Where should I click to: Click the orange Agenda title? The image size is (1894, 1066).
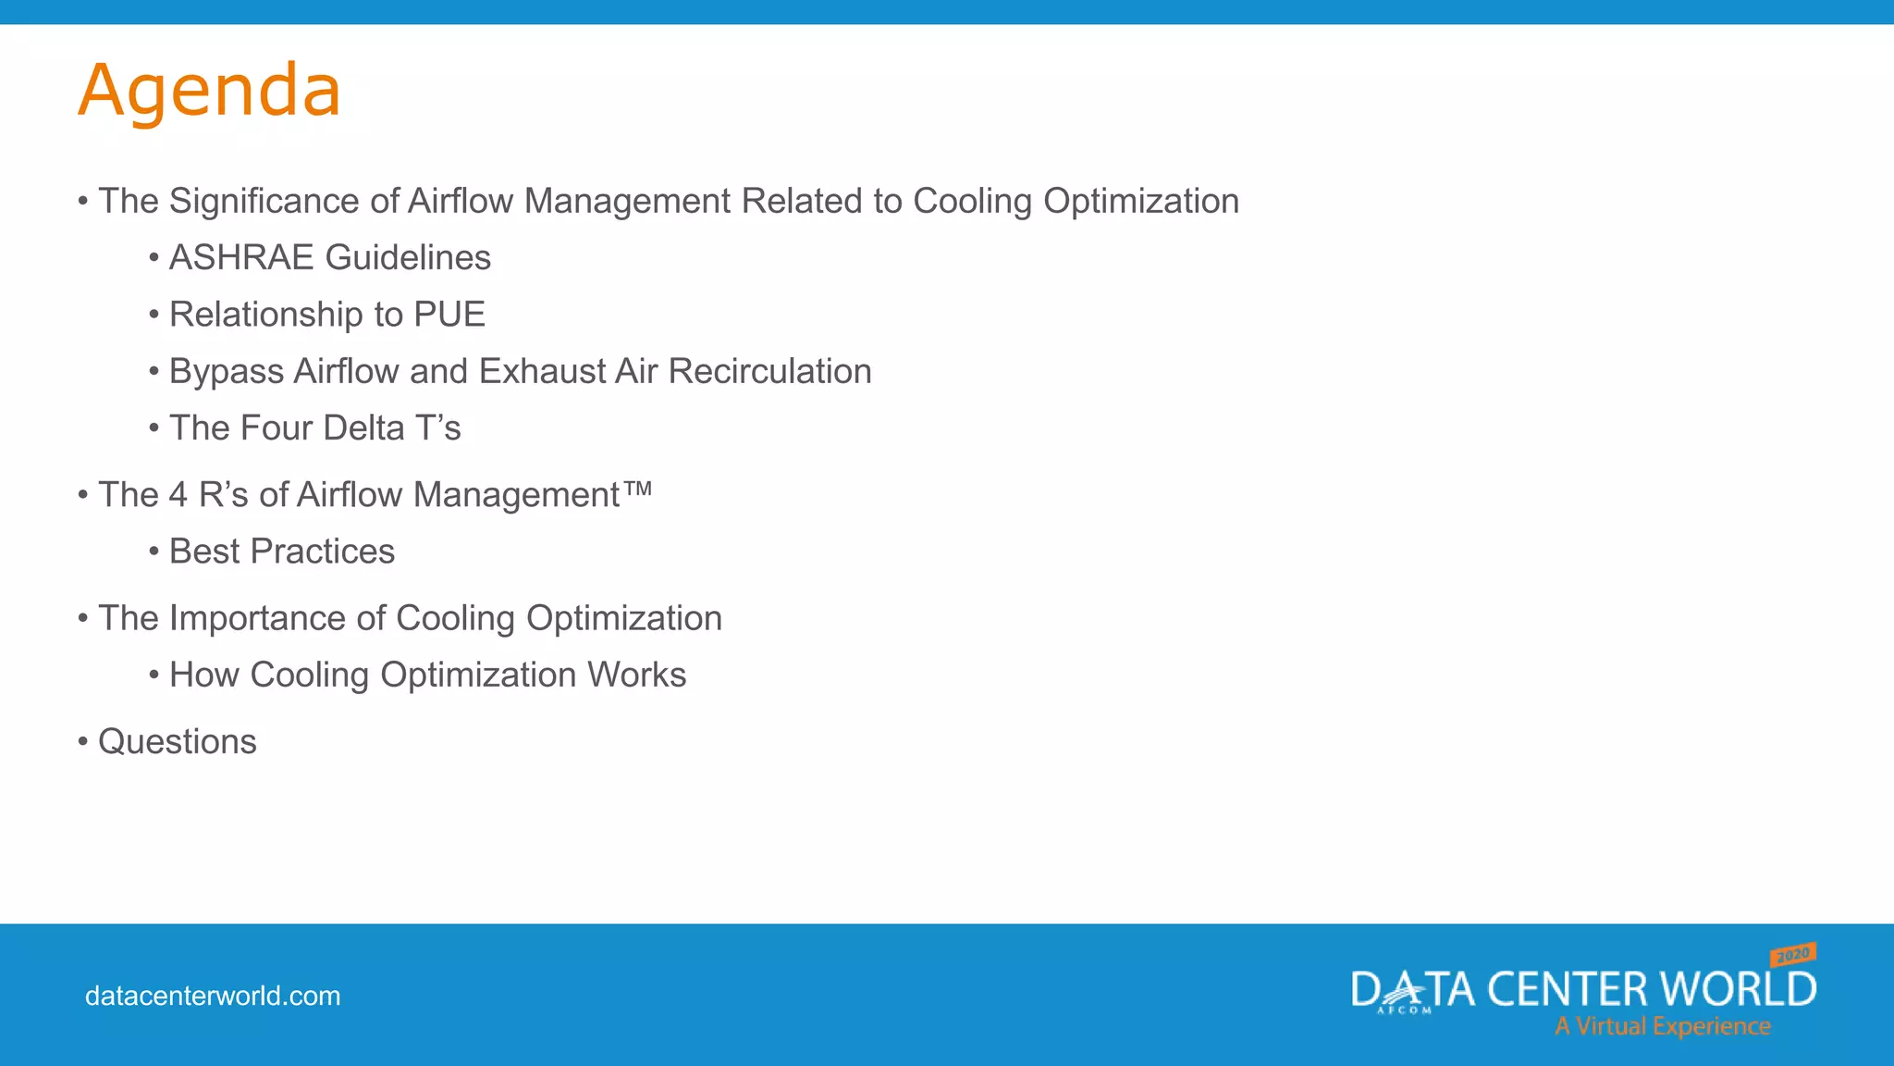210,91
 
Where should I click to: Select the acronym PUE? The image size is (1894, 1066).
449,315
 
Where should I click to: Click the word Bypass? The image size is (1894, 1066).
227,372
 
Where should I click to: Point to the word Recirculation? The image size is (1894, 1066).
769,371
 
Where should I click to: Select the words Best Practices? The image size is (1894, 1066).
282,552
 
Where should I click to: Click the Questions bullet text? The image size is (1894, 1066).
178,742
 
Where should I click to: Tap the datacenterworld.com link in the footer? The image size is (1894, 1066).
213,997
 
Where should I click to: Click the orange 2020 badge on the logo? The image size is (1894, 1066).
1793,954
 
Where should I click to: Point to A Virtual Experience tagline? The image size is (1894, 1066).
1663,1026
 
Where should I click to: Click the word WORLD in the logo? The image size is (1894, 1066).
1739,989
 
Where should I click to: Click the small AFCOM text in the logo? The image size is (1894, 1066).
1404,1010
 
